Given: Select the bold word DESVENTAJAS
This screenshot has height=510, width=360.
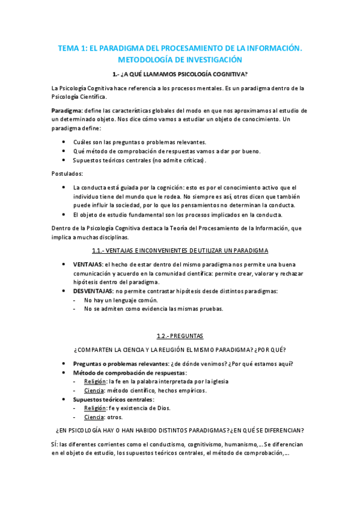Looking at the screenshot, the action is pos(93,291).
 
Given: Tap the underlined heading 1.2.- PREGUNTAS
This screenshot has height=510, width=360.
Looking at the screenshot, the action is pos(180,336).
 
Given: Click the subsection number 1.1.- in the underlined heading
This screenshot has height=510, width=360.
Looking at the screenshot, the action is pos(105,250).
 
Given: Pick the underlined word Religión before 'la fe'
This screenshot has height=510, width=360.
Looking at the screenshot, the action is pos(94,381).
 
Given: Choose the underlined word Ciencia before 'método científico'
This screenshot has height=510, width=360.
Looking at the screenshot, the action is pos(93,390).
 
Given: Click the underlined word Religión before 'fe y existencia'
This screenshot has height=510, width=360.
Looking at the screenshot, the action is pos(94,408).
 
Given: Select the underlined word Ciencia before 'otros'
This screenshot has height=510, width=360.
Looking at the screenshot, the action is pos(93,417).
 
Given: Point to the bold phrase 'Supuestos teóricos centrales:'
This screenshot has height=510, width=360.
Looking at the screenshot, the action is pos(114,399).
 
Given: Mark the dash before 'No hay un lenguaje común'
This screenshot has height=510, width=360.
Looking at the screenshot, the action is pos(75,300).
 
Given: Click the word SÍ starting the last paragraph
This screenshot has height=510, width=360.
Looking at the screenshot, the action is pos(55,444).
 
